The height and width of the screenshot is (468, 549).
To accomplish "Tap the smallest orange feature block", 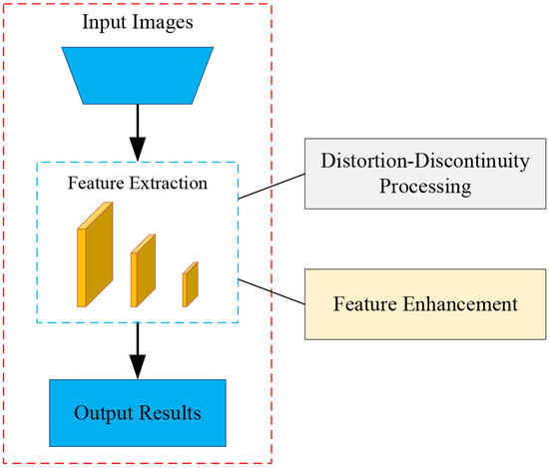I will [190, 283].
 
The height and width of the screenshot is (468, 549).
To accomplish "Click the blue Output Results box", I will [140, 412].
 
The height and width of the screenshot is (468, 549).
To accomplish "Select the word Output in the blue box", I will [106, 413].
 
